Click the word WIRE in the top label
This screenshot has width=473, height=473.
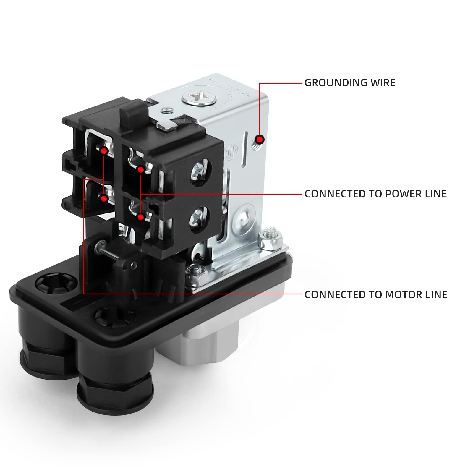point(383,83)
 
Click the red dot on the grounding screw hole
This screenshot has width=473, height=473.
point(260,139)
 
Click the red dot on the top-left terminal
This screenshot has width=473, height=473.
point(103,151)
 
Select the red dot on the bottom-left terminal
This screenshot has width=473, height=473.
point(103,198)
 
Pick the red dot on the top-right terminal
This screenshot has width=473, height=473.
point(141,170)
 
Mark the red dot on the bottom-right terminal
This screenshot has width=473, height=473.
point(141,217)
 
